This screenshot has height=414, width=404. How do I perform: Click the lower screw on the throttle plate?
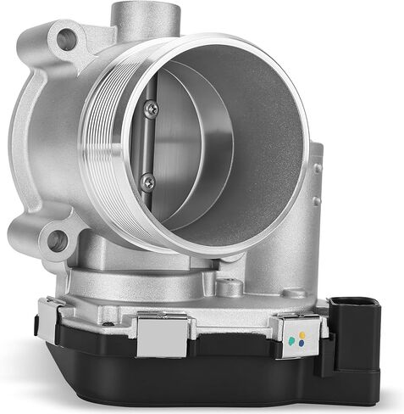tap(149, 179)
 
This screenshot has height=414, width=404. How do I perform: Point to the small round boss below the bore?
tap(229, 287)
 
